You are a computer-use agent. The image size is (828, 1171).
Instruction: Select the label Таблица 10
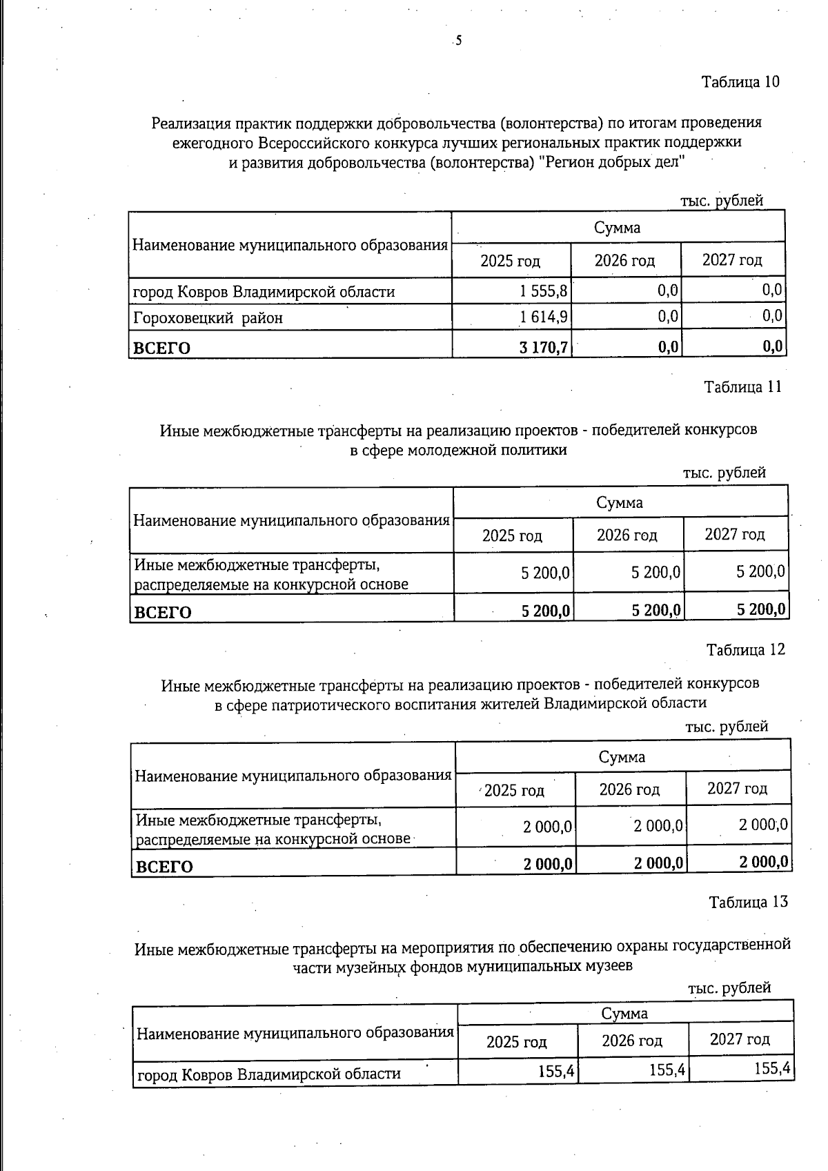click(x=740, y=82)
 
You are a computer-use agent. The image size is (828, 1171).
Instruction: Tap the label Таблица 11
click(x=742, y=387)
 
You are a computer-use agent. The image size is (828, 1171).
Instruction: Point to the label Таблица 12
click(x=745, y=650)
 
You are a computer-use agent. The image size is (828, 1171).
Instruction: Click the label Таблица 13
click(x=748, y=903)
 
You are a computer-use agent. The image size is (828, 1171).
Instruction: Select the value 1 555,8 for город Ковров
click(x=544, y=291)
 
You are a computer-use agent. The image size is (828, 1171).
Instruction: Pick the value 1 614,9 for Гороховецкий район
click(x=544, y=317)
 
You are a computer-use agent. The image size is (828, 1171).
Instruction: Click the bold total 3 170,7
click(x=543, y=347)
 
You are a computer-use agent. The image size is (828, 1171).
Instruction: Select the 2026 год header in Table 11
click(x=627, y=535)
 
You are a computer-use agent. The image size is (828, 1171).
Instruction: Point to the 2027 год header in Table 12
click(x=737, y=789)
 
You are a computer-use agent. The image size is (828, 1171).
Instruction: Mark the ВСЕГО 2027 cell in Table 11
click(x=760, y=610)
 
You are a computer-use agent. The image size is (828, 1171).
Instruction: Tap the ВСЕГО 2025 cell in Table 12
click(x=548, y=863)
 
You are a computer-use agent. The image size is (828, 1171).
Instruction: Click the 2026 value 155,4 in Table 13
click(x=667, y=1071)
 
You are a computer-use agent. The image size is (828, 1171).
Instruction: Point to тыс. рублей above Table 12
click(x=726, y=727)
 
